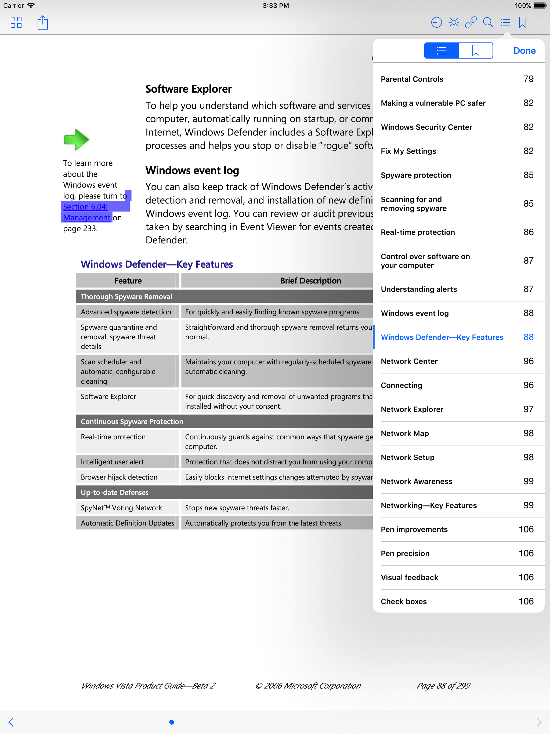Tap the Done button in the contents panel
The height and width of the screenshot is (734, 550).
point(524,51)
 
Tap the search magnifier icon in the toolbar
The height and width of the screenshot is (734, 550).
point(488,23)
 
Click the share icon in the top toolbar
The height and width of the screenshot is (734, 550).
point(42,23)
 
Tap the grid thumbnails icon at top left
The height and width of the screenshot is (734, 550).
point(16,23)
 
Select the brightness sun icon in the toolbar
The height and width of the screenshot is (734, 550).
point(454,23)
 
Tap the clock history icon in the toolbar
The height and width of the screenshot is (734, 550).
point(436,23)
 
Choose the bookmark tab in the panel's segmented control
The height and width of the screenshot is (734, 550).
point(475,51)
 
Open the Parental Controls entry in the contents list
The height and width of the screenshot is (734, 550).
point(412,79)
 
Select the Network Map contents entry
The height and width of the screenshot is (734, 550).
point(405,433)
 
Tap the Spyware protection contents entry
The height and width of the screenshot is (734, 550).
point(416,175)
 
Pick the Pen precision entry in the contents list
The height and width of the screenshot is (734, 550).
point(405,553)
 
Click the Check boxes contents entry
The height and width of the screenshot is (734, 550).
point(404,602)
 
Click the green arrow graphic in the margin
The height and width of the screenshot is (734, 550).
point(76,139)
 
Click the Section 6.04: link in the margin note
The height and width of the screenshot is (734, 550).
point(85,207)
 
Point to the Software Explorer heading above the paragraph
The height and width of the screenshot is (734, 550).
point(189,89)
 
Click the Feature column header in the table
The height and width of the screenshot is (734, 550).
point(128,281)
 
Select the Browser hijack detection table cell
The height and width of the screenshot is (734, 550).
point(119,477)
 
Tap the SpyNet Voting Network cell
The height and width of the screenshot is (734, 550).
point(121,508)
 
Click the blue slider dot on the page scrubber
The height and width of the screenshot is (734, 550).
point(172,722)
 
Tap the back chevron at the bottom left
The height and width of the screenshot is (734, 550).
point(11,722)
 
